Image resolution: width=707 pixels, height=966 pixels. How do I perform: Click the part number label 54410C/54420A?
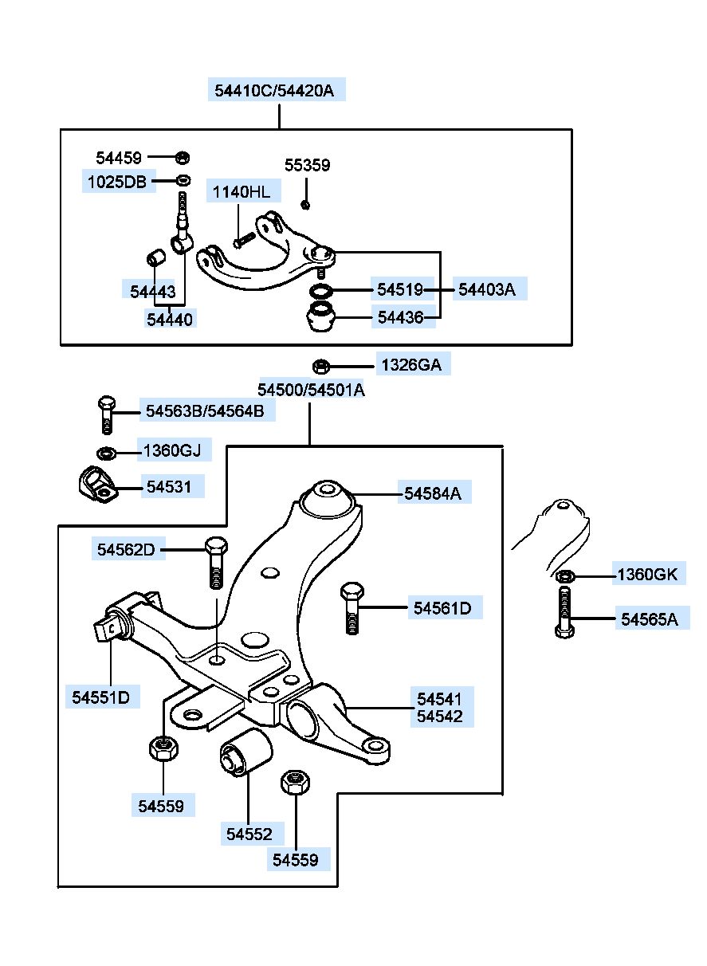[x=274, y=91]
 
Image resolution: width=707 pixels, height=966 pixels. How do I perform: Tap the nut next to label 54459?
[x=183, y=157]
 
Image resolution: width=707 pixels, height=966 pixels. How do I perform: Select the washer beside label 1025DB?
[x=184, y=180]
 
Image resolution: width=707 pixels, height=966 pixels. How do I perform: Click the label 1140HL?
[x=242, y=192]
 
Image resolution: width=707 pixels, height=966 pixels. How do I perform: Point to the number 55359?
[x=307, y=165]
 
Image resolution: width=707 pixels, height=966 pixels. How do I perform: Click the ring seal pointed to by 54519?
[x=321, y=292]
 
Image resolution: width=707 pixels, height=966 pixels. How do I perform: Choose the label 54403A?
[x=486, y=289]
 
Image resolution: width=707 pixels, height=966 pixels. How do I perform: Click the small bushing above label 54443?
[x=155, y=257]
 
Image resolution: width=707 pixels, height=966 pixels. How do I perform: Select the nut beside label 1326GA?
[x=320, y=367]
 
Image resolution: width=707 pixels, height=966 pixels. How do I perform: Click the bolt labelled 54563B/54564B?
[x=107, y=414]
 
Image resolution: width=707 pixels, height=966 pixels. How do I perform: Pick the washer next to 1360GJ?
[x=106, y=454]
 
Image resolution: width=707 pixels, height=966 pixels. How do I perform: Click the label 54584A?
[x=433, y=493]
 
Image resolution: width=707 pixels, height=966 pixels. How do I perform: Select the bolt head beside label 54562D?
[x=217, y=547]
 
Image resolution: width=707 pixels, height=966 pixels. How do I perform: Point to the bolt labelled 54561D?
[x=352, y=608]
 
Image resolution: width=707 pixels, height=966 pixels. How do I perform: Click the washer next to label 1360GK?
[x=564, y=576]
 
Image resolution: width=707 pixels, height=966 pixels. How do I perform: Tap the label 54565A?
[x=649, y=619]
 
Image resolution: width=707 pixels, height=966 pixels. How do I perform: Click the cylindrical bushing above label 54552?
[x=246, y=752]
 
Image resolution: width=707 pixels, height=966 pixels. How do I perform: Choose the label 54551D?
[x=100, y=697]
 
